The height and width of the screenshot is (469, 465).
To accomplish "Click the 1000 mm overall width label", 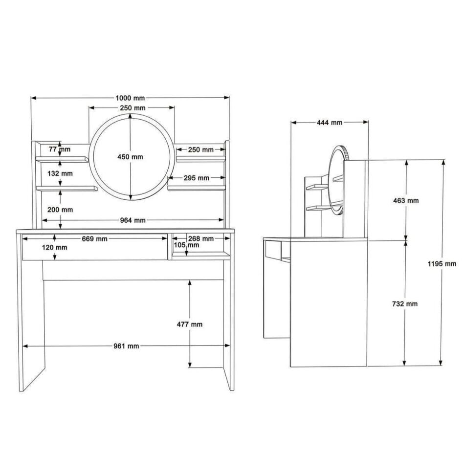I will pyautogui.click(x=130, y=98).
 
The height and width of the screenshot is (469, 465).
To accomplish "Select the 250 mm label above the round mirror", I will pyautogui.click(x=133, y=108).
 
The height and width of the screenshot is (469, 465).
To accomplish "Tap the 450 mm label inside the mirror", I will pyautogui.click(x=130, y=157).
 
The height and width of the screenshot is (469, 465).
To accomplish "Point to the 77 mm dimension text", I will pyautogui.click(x=59, y=149).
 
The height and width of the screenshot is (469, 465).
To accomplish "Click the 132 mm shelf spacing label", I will pyautogui.click(x=60, y=173).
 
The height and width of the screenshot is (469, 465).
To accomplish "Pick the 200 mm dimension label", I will pyautogui.click(x=61, y=210).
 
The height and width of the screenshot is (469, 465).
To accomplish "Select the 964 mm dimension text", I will pyautogui.click(x=133, y=220).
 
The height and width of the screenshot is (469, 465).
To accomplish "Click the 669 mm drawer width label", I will pyautogui.click(x=95, y=239).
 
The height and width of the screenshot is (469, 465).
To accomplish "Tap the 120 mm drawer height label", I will pyautogui.click(x=55, y=248).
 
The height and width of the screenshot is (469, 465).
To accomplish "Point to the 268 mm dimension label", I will pyautogui.click(x=201, y=239).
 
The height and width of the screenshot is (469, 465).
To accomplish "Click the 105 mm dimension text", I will pyautogui.click(x=186, y=245).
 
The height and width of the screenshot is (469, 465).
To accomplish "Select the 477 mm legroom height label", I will pyautogui.click(x=190, y=324).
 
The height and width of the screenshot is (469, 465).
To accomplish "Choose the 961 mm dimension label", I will pyautogui.click(x=127, y=346).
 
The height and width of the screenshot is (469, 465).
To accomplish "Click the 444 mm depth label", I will pyautogui.click(x=330, y=123).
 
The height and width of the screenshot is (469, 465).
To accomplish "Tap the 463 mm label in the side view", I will pyautogui.click(x=406, y=201).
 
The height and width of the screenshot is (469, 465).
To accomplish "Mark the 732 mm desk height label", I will pyautogui.click(x=405, y=304).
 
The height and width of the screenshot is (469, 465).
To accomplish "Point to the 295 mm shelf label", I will pyautogui.click(x=197, y=178).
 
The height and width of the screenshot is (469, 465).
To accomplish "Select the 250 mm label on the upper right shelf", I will pyautogui.click(x=201, y=150).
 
